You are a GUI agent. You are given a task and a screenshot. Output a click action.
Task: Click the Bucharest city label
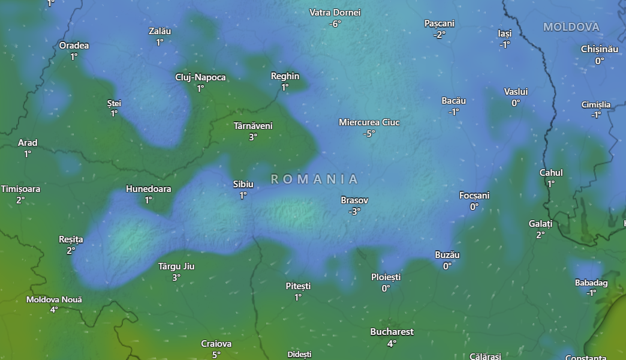coord(392,332)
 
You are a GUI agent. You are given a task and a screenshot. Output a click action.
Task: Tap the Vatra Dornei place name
coord(335,13)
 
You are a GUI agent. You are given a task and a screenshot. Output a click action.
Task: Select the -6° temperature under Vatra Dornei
coord(335,24)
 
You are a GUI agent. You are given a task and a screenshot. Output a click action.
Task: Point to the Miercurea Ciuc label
coord(369,122)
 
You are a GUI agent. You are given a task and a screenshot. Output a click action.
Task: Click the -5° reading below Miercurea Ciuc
coord(368,134)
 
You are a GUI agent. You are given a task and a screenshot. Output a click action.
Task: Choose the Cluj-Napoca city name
coord(200,77)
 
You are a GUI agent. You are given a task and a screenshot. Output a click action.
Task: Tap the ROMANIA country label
coord(315,179)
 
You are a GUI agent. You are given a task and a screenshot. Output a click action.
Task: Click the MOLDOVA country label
coord(571,27)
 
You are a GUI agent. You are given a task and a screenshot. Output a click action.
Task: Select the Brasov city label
coord(354,200)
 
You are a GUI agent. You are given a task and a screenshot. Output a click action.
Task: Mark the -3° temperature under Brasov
coord(354,211)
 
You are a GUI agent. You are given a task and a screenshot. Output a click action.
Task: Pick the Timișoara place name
coord(21,189)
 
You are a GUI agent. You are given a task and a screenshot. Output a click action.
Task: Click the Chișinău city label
coord(599,49)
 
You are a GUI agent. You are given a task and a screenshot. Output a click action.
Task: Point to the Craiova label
coord(216,344)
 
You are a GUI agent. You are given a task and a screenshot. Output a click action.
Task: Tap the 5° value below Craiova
coord(216,355)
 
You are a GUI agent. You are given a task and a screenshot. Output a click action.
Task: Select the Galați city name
coord(540,224)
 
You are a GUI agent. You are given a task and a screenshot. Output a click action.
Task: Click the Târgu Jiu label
coord(176,266)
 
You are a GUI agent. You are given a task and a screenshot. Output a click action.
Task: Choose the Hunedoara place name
coord(148,189)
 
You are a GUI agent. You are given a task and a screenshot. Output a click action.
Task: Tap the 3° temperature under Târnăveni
coord(252,137)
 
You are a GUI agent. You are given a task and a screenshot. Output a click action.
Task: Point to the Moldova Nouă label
coord(54,299)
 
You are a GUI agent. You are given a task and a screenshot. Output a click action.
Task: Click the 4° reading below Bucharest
coord(392,343)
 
